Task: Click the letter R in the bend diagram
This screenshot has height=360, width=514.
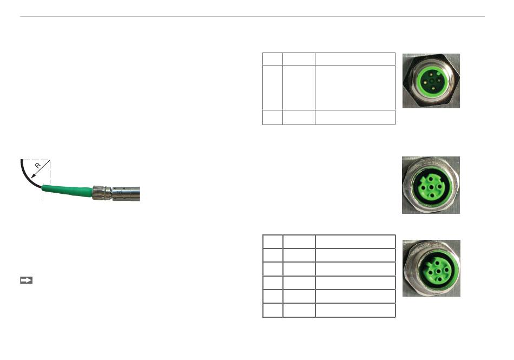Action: [x=38, y=165]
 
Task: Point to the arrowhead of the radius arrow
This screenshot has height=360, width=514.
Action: [x=33, y=176]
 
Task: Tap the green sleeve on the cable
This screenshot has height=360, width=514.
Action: [x=67, y=191]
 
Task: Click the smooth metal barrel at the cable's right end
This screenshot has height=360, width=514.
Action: [x=126, y=194]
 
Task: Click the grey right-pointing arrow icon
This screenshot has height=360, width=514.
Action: [x=26, y=280]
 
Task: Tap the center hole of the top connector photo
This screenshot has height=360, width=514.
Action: [x=432, y=81]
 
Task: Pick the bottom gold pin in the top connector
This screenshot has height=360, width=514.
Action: [x=433, y=88]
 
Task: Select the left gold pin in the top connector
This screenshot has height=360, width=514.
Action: [x=425, y=83]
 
